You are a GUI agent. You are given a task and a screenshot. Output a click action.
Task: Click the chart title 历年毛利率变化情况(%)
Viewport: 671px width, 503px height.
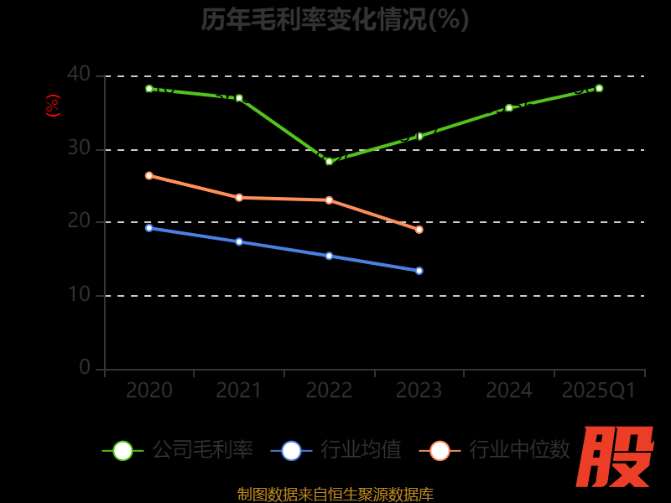pos(335,18)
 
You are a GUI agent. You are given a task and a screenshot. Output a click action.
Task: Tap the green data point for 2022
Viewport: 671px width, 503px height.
pos(329,161)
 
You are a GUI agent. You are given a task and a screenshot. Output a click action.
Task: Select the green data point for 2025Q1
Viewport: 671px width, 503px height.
pos(599,88)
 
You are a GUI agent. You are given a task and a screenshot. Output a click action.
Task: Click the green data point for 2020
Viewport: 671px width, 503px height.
pos(149,89)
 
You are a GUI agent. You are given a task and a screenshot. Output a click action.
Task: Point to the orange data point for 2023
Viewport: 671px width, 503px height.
pos(419,230)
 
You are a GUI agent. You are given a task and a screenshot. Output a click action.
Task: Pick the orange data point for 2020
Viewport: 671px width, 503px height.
pos(149,175)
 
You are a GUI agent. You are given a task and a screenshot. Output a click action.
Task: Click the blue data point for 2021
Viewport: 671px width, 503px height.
pos(239,241)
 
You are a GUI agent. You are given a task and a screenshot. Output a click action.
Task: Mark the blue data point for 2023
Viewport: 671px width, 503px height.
pos(419,271)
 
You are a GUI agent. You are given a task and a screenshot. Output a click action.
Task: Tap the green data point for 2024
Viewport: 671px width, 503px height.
pos(509,107)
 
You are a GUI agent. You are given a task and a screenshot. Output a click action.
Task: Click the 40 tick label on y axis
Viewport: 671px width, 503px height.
pos(79,75)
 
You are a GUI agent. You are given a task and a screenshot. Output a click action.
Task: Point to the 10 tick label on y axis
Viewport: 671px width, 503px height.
pos(79,295)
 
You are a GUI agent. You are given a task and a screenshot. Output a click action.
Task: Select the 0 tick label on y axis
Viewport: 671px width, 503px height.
pos(85,367)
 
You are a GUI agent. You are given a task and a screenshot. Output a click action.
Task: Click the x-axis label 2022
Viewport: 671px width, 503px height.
pos(329,391)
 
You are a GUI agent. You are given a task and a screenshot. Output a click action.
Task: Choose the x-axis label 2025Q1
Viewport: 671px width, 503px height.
pos(599,391)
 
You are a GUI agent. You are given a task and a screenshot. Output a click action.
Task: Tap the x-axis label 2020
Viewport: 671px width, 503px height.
pos(149,391)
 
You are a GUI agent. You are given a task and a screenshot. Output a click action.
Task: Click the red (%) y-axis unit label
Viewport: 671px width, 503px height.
pos(53,106)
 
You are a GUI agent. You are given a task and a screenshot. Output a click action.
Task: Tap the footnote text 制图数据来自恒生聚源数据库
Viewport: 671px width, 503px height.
pos(335,495)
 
